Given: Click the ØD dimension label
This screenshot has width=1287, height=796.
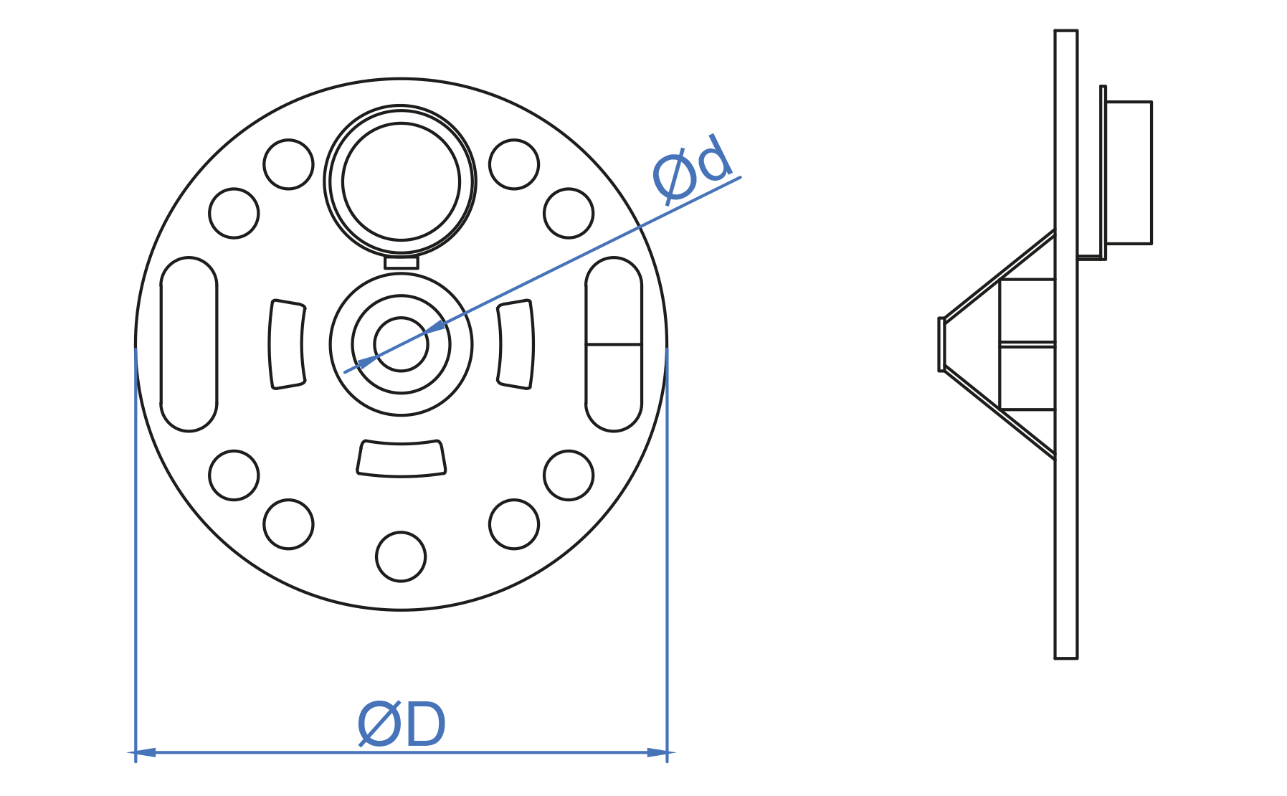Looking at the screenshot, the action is click(x=402, y=724).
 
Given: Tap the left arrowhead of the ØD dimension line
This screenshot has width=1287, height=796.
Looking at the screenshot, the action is click(x=145, y=752).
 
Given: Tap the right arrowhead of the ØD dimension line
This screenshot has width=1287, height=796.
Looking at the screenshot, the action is click(x=657, y=752).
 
